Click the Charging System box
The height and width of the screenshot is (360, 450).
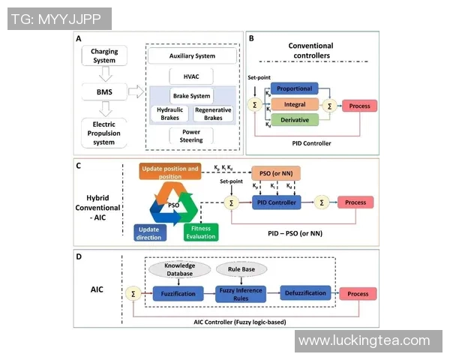coord(104,55)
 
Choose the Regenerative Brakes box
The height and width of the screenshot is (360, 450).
coord(213,112)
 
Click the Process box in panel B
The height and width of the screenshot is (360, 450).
coord(359,106)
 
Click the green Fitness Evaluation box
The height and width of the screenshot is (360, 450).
coord(200,232)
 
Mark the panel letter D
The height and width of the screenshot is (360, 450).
coord(79,257)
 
